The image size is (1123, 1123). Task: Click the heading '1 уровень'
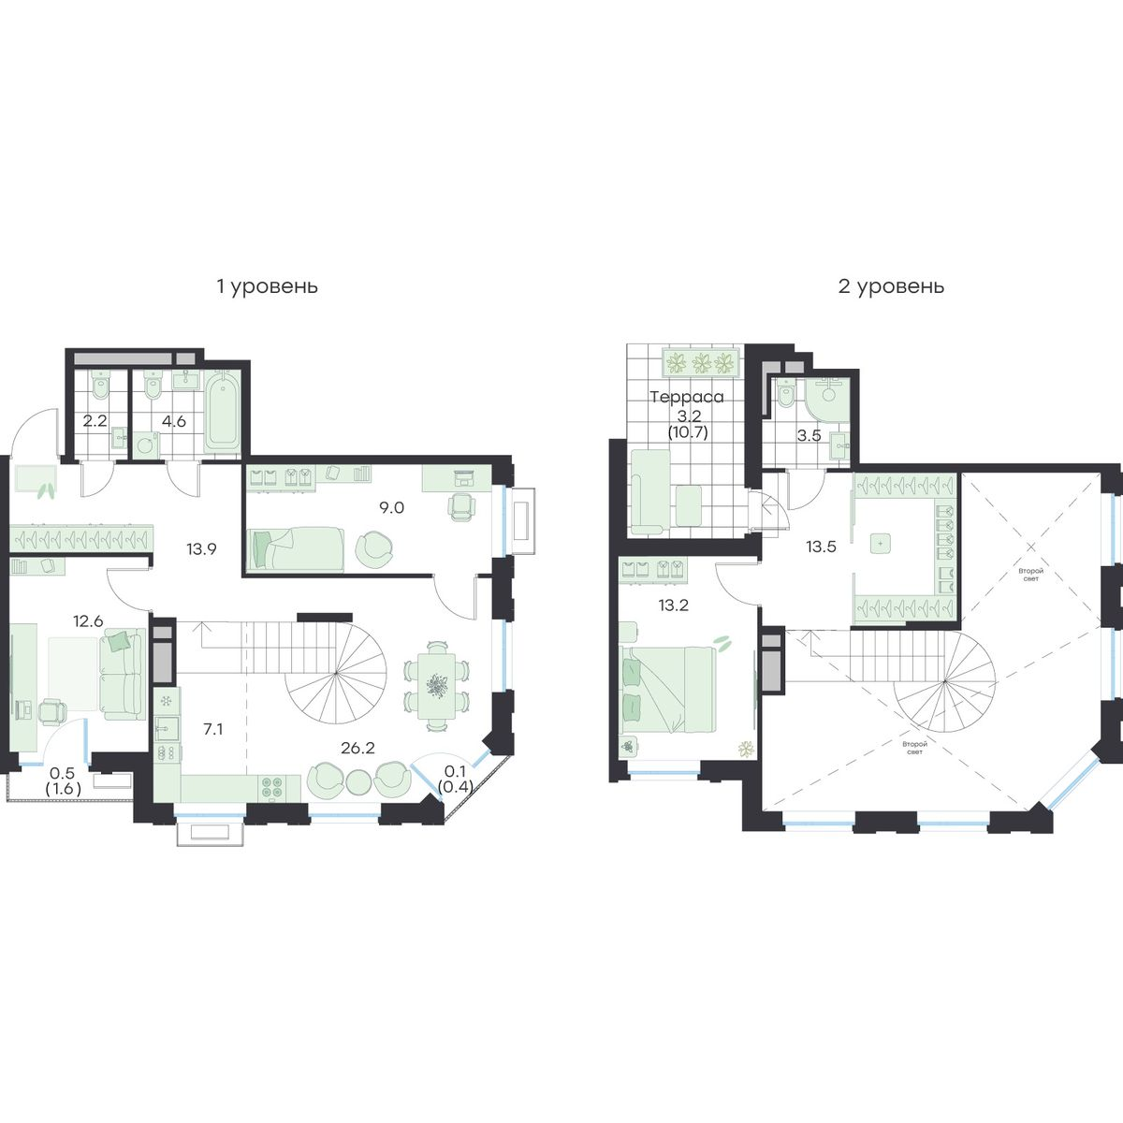point(268,287)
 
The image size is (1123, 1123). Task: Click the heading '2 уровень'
point(891,287)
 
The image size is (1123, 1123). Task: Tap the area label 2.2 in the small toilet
point(95,420)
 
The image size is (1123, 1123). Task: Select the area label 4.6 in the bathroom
point(174,420)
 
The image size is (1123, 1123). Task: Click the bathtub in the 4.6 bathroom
point(222,412)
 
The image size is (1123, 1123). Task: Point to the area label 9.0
point(391,507)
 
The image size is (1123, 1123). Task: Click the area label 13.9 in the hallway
point(201,548)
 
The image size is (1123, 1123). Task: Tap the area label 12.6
point(88,621)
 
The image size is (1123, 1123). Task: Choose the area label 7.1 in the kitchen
point(213,729)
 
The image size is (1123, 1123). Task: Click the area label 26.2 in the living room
point(357,749)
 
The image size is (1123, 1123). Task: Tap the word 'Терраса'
point(687,398)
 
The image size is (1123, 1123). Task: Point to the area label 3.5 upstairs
point(809,435)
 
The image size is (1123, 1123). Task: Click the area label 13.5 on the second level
point(821,547)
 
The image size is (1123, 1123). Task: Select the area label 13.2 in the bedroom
point(674,605)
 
